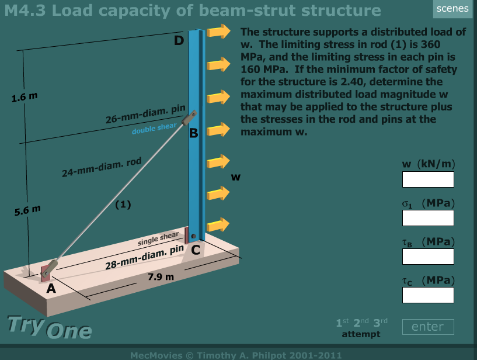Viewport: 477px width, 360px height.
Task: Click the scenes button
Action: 452,8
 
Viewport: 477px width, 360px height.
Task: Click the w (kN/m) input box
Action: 428,179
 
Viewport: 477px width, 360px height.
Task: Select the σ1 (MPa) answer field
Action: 428,218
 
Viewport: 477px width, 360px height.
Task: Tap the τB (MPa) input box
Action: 428,257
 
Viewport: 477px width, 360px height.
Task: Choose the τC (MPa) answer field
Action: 428,295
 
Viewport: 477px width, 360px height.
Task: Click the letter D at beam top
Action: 179,41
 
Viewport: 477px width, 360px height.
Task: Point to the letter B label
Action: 194,134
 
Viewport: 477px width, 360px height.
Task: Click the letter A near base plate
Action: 51,288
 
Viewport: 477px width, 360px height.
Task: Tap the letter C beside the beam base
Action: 196,251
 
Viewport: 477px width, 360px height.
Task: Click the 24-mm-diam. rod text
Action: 102,168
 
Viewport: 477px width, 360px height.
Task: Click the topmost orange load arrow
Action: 220,31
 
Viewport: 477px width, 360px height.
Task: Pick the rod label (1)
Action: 123,205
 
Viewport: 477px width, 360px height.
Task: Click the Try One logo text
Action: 49,328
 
